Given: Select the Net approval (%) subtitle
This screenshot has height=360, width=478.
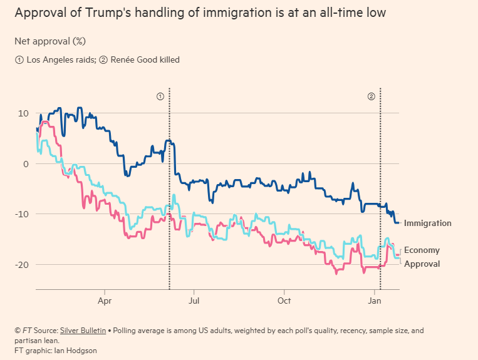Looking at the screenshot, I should [50, 41].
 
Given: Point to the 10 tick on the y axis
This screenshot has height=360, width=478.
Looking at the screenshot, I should [23, 113].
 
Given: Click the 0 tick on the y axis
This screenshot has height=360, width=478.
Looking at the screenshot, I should [26, 164].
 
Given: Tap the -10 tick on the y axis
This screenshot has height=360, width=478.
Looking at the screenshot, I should [21, 214].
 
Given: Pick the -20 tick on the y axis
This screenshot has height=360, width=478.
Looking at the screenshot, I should [21, 265].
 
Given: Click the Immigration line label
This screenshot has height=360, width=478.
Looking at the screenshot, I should [427, 223].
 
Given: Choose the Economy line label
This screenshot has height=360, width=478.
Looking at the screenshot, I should [422, 250].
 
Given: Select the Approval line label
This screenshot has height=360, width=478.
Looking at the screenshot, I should [422, 264].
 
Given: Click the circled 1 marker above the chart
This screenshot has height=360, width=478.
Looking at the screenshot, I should [160, 96].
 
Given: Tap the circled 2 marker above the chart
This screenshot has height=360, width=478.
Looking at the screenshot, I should [371, 96].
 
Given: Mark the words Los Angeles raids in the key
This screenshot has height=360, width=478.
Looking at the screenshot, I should [54, 60].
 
